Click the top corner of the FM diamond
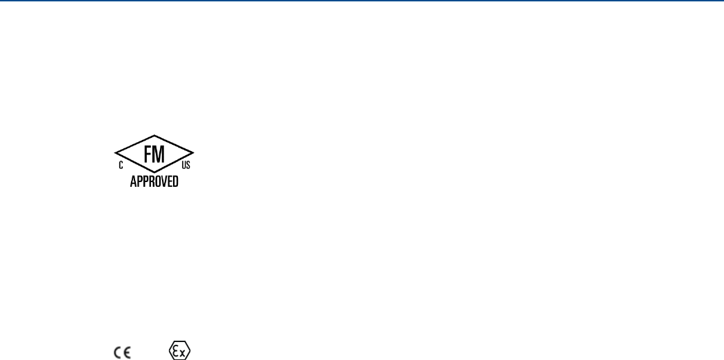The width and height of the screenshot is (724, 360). (x=154, y=135)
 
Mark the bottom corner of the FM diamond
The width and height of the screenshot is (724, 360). (x=154, y=172)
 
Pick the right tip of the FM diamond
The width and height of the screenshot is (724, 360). (x=194, y=153)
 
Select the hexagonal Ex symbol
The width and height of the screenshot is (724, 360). (x=180, y=350)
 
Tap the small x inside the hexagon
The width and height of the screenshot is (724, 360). (x=183, y=352)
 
